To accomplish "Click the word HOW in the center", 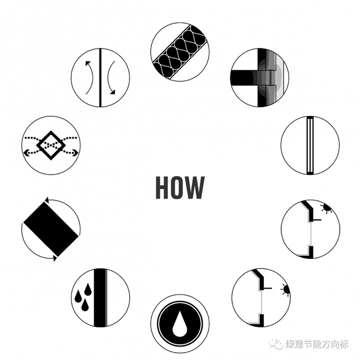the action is (x=180, y=187).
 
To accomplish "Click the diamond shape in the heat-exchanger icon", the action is (x=51, y=145).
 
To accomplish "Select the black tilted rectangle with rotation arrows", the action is (x=51, y=229).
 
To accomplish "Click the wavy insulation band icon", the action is (x=180, y=52).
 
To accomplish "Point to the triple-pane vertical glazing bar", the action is (x=310, y=145).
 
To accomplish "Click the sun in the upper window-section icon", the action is (x=327, y=208).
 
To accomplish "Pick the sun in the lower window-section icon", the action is (x=286, y=290).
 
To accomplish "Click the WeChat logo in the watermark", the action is (x=276, y=344).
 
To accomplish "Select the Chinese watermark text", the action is (x=317, y=344).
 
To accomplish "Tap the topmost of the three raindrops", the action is (x=88, y=289).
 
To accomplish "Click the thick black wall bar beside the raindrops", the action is (x=100, y=298).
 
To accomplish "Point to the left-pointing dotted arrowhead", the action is (x=26, y=152).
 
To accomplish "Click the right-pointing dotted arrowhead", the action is (x=75, y=152).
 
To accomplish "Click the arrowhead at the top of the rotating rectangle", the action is (x=46, y=200).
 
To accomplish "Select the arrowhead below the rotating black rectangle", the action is (x=55, y=258).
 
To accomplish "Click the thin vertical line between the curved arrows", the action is (x=100, y=78).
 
